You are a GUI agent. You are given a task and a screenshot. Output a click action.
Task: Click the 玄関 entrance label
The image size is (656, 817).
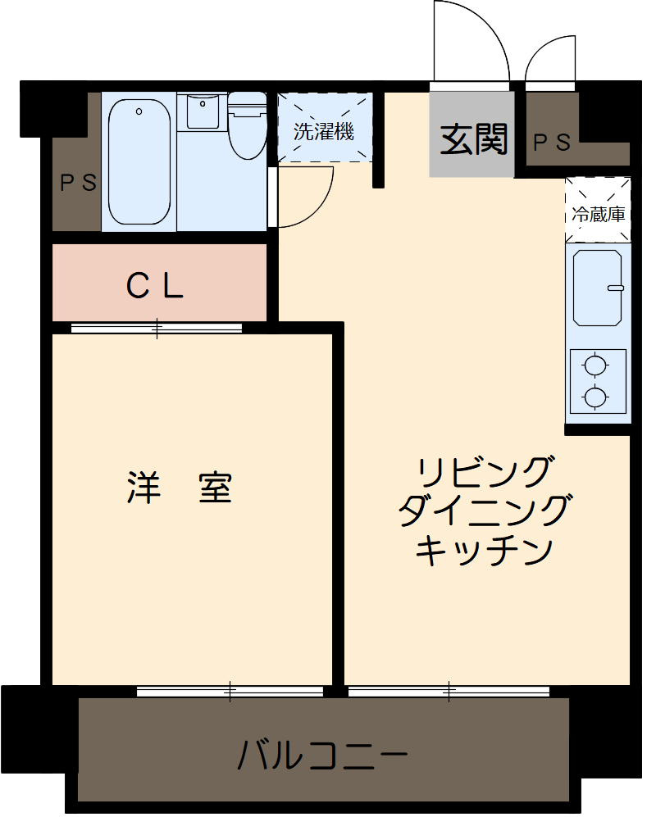474,139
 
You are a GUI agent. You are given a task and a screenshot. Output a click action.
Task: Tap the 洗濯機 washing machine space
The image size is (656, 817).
324,130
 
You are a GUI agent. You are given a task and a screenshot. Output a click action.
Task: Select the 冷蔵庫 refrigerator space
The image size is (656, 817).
598,214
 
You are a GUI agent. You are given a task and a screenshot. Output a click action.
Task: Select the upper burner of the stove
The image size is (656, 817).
596,365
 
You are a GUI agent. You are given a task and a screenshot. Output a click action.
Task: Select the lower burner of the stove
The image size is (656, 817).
596,397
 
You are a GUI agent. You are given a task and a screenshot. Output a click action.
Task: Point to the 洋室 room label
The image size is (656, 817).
180,488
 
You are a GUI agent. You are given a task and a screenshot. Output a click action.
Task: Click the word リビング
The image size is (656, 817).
483,474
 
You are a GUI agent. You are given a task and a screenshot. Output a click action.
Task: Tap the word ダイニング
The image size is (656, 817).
483,512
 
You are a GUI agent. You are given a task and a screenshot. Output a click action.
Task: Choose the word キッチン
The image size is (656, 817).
483,550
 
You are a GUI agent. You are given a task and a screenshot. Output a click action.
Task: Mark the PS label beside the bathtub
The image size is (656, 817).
77,183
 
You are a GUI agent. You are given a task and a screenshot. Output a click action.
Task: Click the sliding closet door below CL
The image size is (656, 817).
157,329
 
